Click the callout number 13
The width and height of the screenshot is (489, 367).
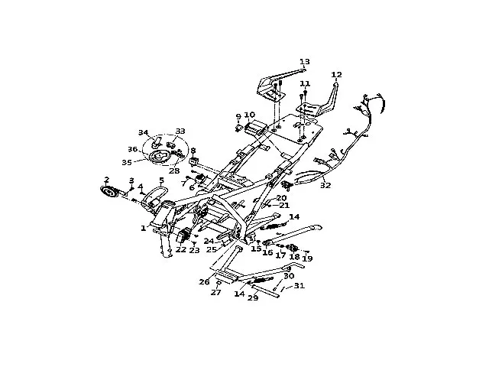pos(304,61)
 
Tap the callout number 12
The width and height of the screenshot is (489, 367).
pos(336,74)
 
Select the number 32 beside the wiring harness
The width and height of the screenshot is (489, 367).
pos(326,185)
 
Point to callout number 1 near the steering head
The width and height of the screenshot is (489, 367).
pos(143,228)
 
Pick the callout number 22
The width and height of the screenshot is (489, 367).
pos(180,249)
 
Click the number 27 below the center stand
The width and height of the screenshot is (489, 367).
pos(216,292)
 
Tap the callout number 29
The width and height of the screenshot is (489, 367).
pos(251,297)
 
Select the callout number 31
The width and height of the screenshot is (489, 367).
pos(299,286)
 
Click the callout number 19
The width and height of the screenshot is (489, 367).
pos(307,258)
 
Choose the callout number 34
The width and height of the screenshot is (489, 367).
pos(143,132)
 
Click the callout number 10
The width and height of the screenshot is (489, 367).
pos(249,115)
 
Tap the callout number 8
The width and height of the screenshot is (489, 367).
pos(193,151)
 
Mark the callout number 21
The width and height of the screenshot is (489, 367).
pos(283,205)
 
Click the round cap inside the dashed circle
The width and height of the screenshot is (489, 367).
pos(161,157)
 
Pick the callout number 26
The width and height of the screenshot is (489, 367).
pos(204,281)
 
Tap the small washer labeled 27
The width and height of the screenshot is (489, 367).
pos(218,282)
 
